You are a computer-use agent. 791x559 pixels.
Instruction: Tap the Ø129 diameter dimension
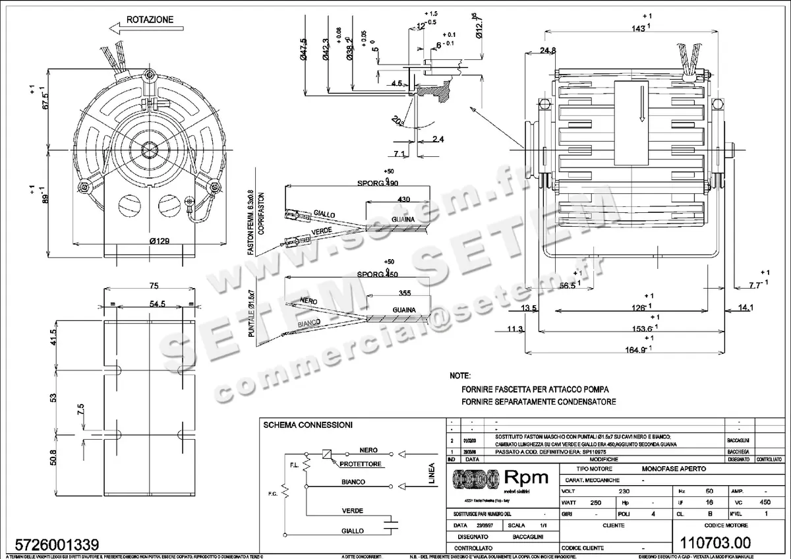pos(160,241)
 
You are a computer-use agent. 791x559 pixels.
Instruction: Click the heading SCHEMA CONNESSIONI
pos(307,425)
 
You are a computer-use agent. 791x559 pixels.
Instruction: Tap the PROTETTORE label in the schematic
pos(362,464)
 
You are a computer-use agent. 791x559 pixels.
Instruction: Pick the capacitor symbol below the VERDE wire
pos(394,525)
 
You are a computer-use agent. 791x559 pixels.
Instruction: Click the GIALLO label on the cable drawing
pos(324,215)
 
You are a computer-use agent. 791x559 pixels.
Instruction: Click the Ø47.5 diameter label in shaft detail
pos(303,49)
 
